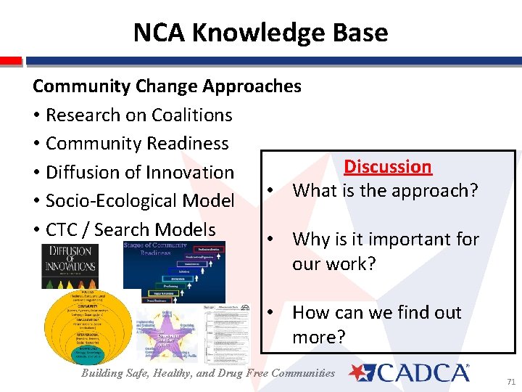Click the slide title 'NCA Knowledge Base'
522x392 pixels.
click(260, 33)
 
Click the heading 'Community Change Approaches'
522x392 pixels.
click(167, 86)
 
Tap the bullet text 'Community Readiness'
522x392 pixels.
click(136, 143)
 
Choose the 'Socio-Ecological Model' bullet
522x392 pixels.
click(139, 200)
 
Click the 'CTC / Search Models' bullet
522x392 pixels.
click(130, 229)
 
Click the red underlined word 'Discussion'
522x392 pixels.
click(387, 166)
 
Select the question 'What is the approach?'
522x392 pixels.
click(385, 190)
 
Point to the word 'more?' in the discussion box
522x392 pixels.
click(319, 338)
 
